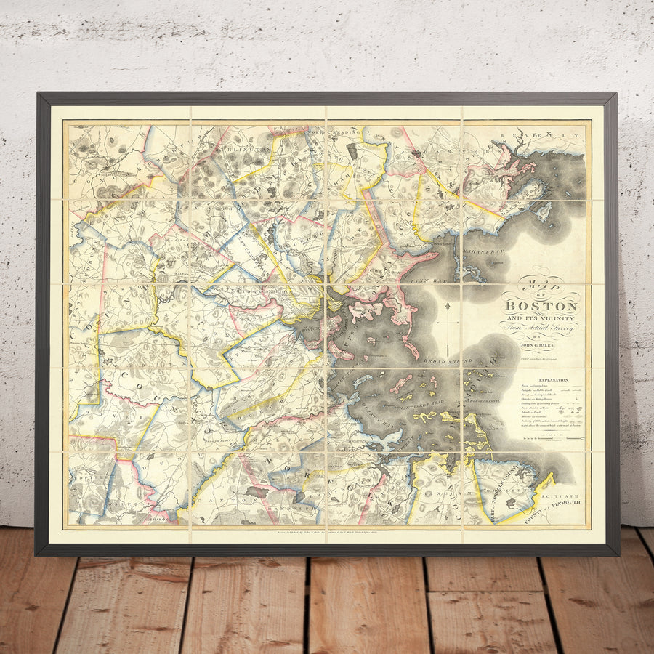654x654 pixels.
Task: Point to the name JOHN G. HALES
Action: tap(541, 346)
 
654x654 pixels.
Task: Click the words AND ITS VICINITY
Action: tap(541, 318)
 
